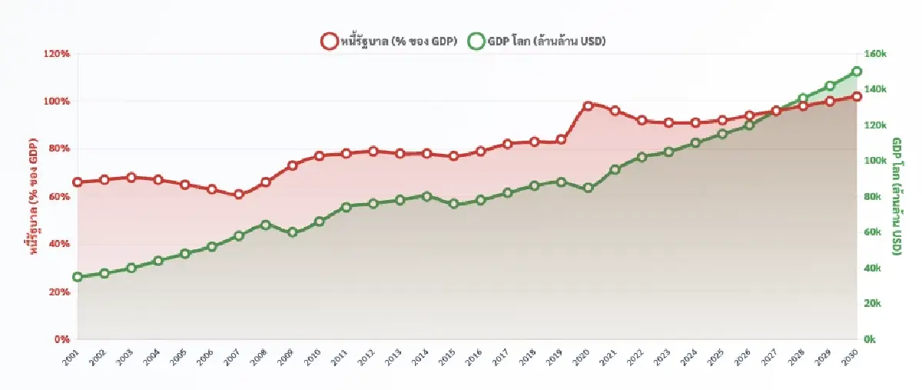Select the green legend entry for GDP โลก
[536, 42]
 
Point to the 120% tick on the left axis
[57, 54]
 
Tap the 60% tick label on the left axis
[59, 197]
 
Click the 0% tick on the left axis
[62, 339]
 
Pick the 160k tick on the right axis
[876, 54]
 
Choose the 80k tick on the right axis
[874, 197]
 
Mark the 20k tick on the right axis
[874, 304]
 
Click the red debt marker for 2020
[588, 106]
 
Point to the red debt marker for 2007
[239, 195]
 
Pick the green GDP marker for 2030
[857, 72]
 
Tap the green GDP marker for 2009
[292, 232]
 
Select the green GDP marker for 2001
[78, 277]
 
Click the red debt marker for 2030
[857, 96]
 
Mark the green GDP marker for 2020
[588, 188]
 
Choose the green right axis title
[897, 196]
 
